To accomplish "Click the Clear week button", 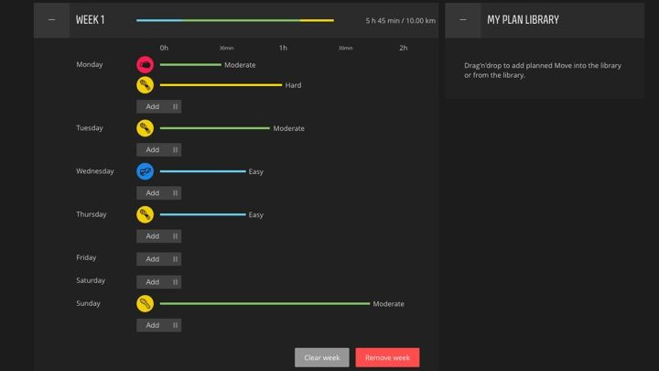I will [321, 357].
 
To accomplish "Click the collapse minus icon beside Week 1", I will [51, 19].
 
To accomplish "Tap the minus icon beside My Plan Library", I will [463, 19].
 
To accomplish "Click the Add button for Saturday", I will [158, 282].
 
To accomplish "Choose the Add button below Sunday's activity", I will [158, 325].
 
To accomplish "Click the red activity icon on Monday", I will [145, 65].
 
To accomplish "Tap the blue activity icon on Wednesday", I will [145, 171].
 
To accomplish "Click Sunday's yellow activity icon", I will [145, 303].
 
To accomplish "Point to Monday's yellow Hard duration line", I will [221, 85].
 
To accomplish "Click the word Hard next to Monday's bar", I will [293, 85].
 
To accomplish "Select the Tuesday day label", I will [91, 128].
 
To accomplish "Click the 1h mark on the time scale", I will [283, 48].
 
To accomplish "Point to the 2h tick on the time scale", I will [403, 48].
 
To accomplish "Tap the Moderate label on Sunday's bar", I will [388, 303].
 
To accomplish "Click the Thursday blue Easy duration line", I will [202, 214].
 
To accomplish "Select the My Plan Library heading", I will [523, 19].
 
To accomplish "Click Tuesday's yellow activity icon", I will [145, 128].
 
